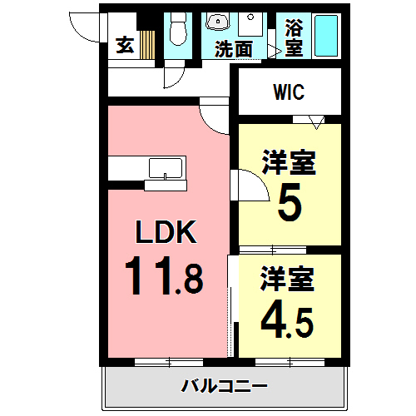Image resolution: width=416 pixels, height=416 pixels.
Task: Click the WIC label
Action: coord(290,92)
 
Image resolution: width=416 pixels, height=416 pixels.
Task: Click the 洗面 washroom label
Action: coord(233,49)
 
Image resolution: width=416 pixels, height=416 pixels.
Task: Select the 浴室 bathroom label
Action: coord(293,37)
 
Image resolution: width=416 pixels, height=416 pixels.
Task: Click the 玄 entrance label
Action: coord(125,45)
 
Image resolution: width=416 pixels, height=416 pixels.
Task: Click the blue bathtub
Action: coord(325,37)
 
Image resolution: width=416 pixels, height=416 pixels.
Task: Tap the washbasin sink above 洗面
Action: coord(217,23)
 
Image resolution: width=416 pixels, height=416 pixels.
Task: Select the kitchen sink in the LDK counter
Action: coord(167,169)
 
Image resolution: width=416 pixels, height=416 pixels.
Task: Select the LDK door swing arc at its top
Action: coord(215,115)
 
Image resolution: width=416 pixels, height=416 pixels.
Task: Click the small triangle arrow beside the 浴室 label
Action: coord(271,51)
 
